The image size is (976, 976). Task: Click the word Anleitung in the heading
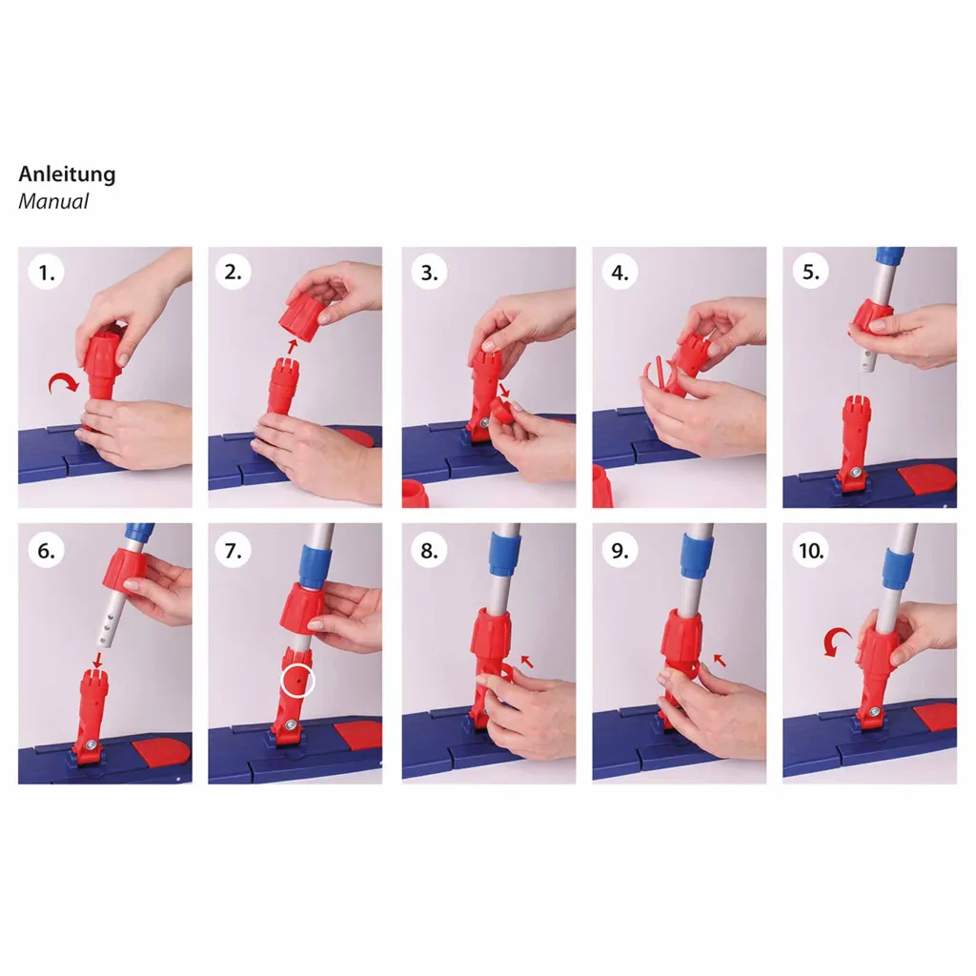click(x=68, y=174)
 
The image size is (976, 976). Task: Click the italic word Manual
click(x=53, y=201)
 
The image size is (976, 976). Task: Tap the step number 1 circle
click(x=47, y=272)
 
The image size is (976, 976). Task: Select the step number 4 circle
click(x=620, y=272)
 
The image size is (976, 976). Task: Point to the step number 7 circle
click(x=233, y=550)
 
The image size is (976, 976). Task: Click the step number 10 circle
click(x=810, y=550)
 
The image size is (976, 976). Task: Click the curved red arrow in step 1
click(x=64, y=382)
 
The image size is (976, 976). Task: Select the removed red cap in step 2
click(x=303, y=313)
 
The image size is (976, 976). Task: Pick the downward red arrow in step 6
click(x=98, y=660)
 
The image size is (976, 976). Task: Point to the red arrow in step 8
click(x=527, y=661)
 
